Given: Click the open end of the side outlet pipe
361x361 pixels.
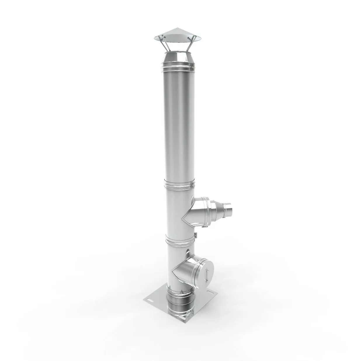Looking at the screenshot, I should (229, 208).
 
